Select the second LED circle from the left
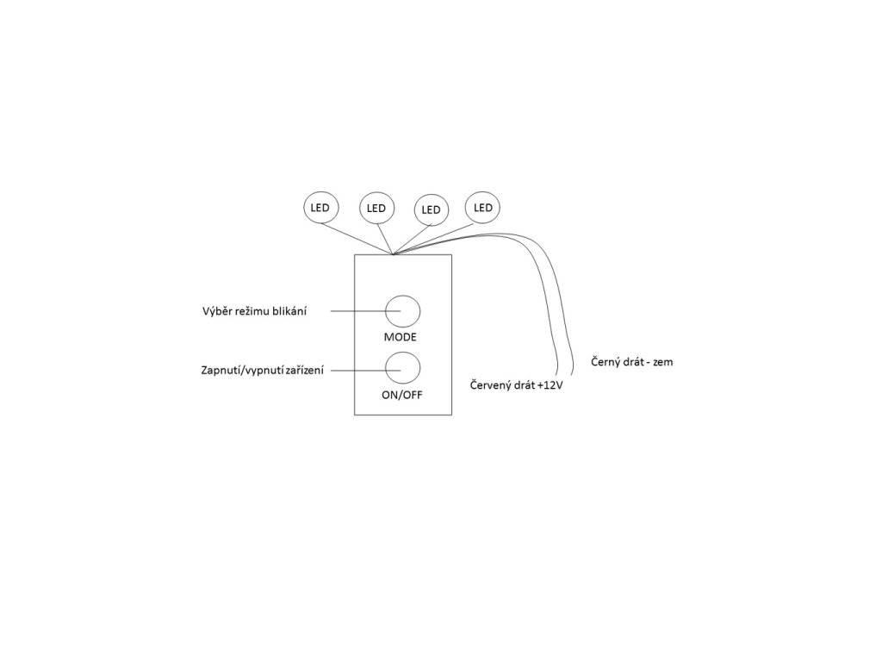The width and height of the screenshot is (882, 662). tap(376, 208)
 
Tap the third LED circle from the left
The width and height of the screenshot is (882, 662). tap(432, 209)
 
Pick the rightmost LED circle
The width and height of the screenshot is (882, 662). tap(482, 208)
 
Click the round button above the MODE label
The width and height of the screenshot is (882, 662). tap(402, 311)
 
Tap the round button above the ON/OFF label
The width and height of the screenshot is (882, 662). tap(402, 368)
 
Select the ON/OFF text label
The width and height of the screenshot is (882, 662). tap(402, 395)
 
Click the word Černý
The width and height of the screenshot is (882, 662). tap(607, 362)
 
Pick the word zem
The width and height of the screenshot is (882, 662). tap(664, 362)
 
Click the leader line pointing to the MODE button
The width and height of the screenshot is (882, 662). tap(362, 311)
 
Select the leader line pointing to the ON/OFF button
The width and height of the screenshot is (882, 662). tap(362, 371)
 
